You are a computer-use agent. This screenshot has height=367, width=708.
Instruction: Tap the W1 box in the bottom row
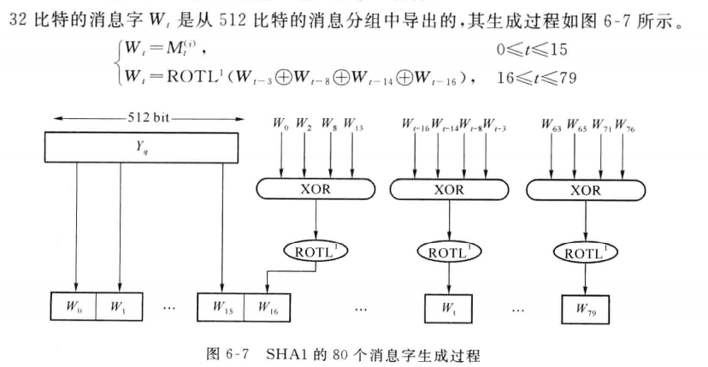pyautogui.click(x=121, y=305)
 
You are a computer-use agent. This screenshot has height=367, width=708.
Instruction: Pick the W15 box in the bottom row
pyautogui.click(x=221, y=305)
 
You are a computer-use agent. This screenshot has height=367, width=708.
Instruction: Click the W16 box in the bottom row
pyautogui.click(x=268, y=305)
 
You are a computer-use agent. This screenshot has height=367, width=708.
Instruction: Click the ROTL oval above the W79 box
pyautogui.click(x=586, y=252)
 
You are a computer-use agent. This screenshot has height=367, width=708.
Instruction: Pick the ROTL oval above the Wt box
pyautogui.click(x=450, y=252)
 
